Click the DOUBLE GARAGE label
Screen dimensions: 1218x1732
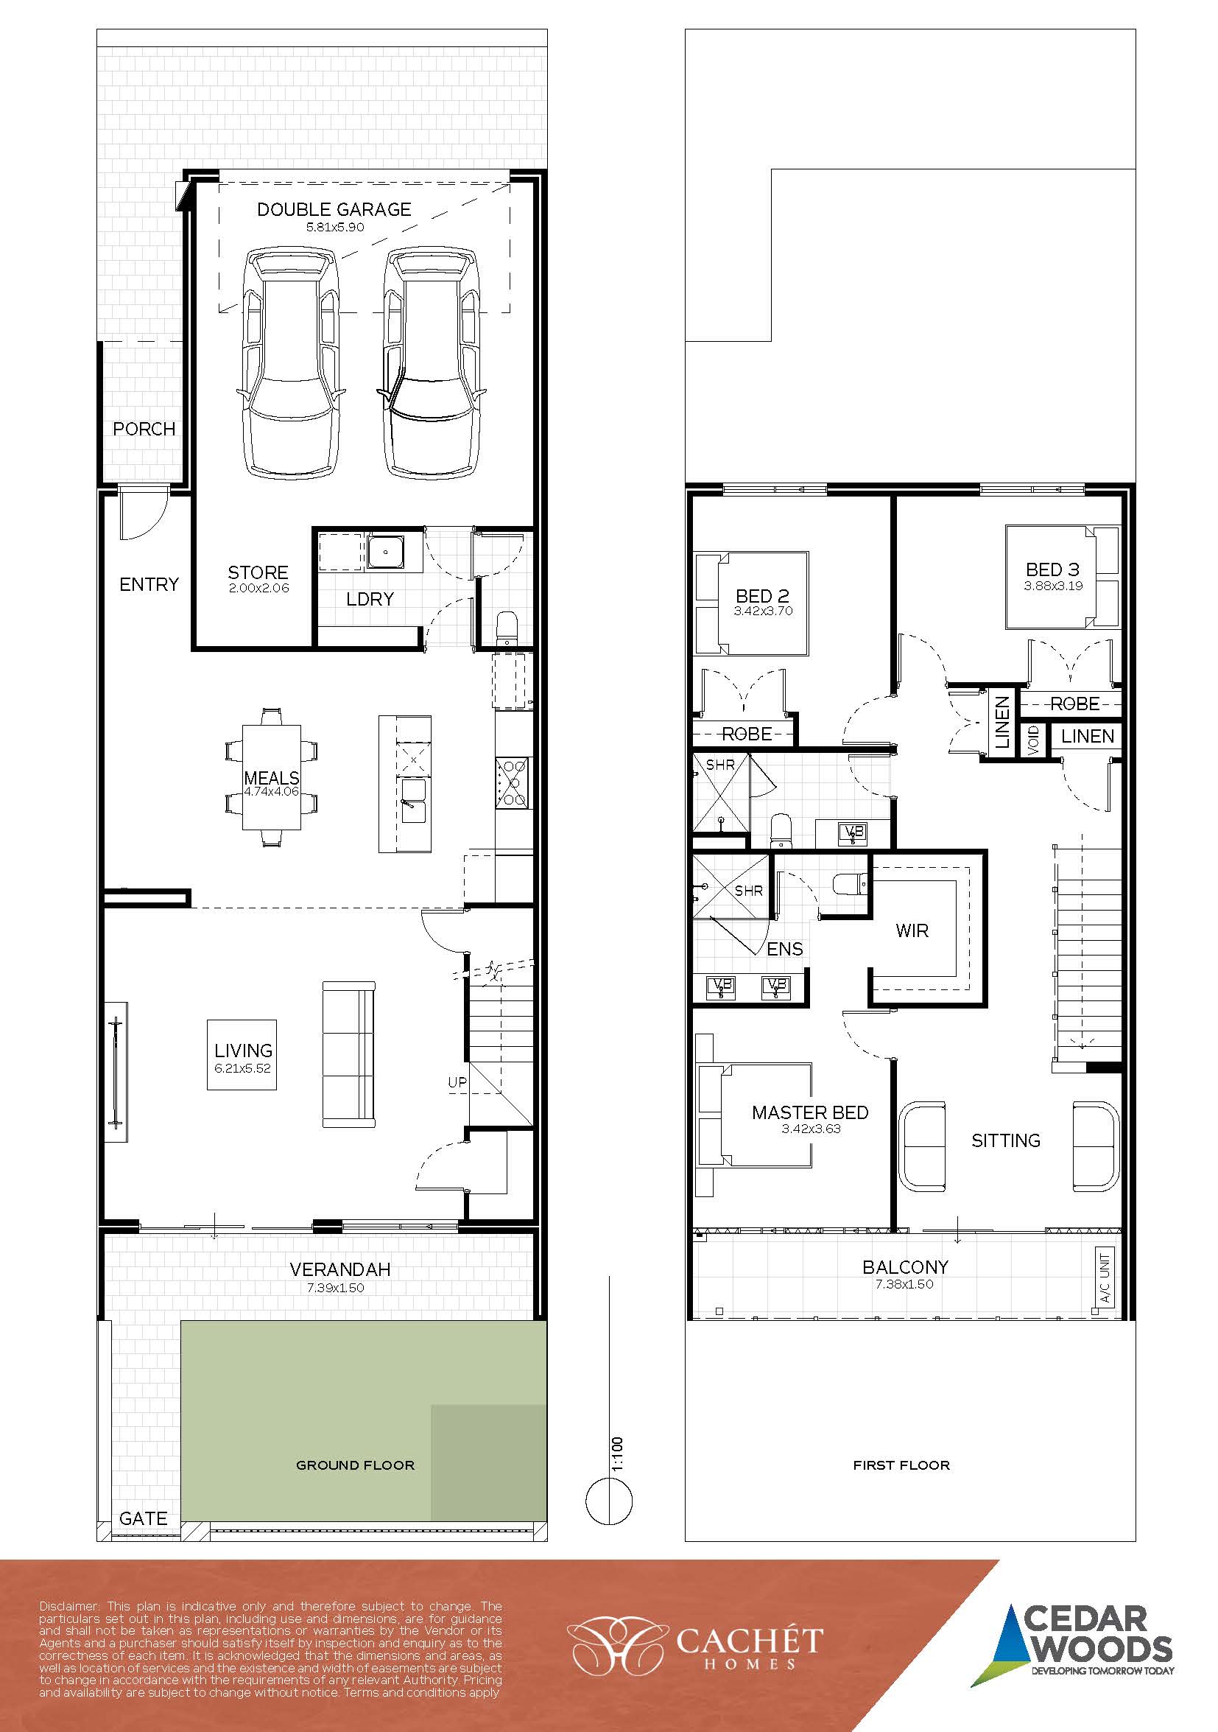334,209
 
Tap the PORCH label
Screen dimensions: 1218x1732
144,429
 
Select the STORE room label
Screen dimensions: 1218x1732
258,572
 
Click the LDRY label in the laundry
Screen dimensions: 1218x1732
370,599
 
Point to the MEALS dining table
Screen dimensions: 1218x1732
272,778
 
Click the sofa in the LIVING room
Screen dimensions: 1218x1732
348,1054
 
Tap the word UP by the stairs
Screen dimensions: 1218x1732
457,1082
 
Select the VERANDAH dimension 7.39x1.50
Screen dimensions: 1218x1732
336,1288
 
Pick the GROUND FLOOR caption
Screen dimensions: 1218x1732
355,1465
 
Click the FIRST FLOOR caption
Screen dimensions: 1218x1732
901,1465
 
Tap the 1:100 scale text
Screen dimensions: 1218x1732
618,1454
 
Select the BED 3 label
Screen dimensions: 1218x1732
1053,569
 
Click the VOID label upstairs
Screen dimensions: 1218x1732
1033,739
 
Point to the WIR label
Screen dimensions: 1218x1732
912,931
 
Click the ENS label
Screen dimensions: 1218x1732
785,949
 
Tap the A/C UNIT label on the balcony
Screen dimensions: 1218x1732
1105,1278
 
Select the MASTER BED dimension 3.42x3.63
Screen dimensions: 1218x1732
812,1129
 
